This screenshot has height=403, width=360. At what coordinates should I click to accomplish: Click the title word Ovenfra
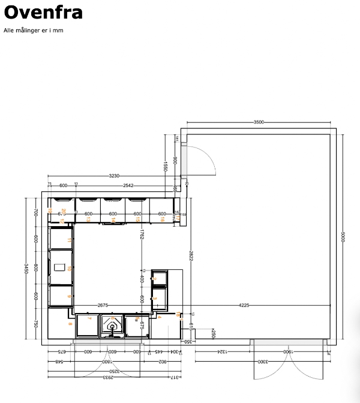point(43,13)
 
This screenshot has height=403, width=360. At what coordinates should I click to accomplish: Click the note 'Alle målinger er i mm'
point(33,30)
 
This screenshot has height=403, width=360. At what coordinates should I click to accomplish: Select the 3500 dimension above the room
point(259,122)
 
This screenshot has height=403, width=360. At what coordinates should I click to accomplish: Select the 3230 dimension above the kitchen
point(113,176)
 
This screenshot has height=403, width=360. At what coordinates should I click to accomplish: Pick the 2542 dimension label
point(128,185)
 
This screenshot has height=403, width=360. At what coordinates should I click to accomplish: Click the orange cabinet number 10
point(70,269)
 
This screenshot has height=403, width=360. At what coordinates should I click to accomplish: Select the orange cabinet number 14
point(113,220)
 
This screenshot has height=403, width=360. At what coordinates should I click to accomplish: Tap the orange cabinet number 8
point(70,324)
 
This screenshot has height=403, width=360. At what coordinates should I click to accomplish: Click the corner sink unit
point(112,324)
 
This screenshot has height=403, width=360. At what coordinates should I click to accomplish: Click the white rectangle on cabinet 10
point(60,267)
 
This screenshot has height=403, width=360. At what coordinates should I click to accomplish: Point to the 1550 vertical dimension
point(164,165)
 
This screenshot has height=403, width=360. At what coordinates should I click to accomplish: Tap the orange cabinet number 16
point(162,220)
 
